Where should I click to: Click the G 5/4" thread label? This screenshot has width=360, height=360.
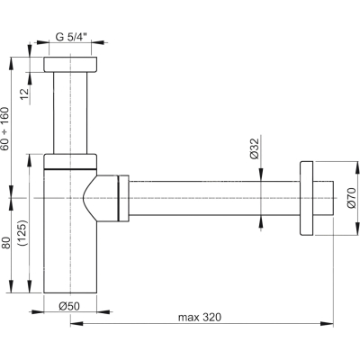71,37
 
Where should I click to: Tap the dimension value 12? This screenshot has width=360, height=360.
25,94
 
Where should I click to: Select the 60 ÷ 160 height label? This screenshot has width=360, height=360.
4,129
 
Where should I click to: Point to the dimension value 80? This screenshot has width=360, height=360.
6,243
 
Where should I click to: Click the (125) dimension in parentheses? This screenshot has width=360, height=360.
22,233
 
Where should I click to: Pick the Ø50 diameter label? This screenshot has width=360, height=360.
69,306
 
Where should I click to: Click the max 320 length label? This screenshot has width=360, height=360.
200,317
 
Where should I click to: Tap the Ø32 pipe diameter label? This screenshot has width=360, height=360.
255,148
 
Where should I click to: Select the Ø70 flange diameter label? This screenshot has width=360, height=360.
351,198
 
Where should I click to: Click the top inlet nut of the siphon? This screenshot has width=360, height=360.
70,64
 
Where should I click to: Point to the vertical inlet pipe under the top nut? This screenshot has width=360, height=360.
70,112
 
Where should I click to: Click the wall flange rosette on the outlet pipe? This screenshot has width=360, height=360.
306,198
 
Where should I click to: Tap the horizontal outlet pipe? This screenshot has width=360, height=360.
214,198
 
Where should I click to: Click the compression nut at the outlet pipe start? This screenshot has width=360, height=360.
123,198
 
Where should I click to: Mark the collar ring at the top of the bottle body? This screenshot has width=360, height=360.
70,161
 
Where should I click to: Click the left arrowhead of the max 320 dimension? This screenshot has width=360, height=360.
76,323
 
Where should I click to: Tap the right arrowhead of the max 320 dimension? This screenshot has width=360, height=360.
328,323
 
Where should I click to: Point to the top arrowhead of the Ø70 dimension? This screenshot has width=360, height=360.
356,168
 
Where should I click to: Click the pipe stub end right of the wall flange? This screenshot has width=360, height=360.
323,198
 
